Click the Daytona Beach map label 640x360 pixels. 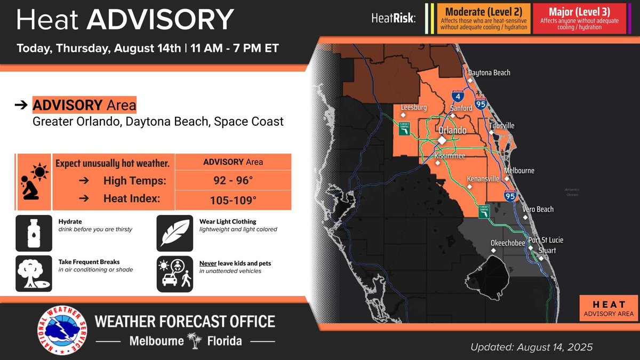tap(489, 73)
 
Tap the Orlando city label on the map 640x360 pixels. tap(452, 130)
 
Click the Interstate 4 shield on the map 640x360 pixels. tap(459, 97)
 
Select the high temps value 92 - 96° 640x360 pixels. tap(233, 181)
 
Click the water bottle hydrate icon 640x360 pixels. tap(34, 233)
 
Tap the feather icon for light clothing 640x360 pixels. tap(174, 233)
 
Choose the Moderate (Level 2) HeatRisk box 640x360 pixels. tap(484, 19)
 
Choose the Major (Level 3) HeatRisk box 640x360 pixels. tap(582, 19)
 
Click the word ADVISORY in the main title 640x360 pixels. tap(160, 20)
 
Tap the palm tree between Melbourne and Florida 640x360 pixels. tap(192, 341)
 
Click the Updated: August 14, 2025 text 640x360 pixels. tap(531, 347)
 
